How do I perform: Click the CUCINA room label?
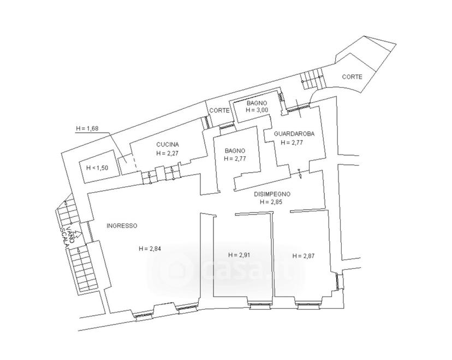tap(168, 145)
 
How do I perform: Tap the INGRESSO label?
tap(122, 226)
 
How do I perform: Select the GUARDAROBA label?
tap(294, 134)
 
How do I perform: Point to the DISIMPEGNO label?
tap(272, 194)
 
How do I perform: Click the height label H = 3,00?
tap(257, 110)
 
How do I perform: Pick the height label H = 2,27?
tap(168, 153)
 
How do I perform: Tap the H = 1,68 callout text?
tap(87, 129)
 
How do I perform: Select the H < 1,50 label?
tap(97, 168)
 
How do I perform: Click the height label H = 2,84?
tap(150, 249)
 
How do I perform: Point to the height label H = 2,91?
tap(239, 255)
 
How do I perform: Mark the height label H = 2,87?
tap(304, 256)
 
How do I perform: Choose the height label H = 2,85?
tap(271, 202)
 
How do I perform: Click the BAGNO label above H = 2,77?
tap(235, 151)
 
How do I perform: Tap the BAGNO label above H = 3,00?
tap(257, 103)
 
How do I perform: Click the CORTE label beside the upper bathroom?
tap(219, 110)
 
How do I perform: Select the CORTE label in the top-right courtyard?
tap(352, 77)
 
